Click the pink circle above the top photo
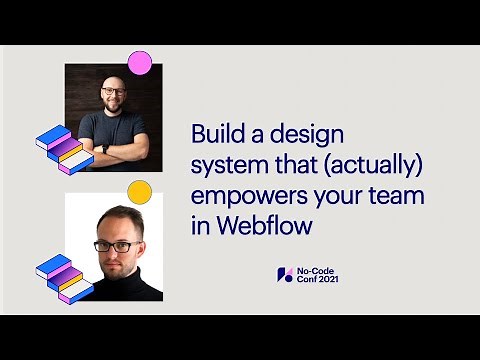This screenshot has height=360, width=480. pos(140,63)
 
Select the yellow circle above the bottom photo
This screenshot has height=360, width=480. pos(140,192)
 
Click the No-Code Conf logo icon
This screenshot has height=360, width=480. pos(285,275)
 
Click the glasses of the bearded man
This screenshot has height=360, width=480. pos(113,91)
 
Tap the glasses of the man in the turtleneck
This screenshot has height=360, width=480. pos(116,246)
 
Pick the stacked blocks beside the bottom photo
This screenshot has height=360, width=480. pos(63,279)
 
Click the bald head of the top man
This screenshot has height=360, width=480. pos(113,76)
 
